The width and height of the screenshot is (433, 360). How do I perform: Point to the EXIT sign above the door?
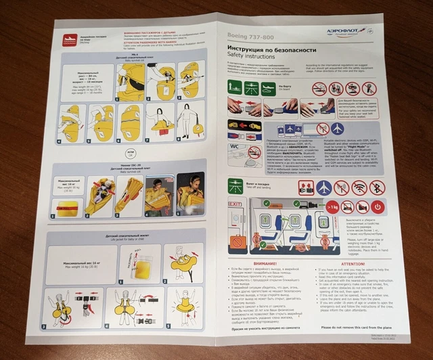click(235, 203)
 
